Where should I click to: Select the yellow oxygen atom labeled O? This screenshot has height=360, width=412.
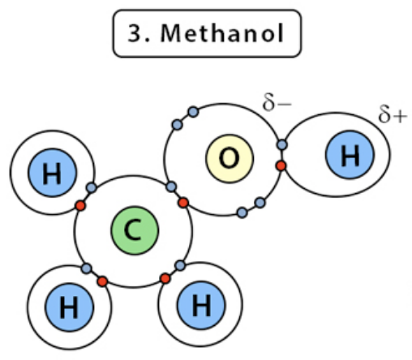pos(230,158)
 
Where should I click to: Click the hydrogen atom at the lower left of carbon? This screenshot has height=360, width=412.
pos(69,308)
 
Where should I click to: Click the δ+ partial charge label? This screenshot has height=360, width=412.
pos(393,116)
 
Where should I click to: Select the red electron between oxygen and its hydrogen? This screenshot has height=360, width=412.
pos(281,165)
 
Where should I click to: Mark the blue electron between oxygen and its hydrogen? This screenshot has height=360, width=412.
pos(282,145)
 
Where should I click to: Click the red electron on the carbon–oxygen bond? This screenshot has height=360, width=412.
pos(183,202)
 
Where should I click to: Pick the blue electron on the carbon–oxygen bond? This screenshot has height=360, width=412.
pos(171,187)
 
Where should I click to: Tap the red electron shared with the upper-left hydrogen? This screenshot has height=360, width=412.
pos(79,206)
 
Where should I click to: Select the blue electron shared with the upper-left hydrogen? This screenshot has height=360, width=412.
pos(92,188)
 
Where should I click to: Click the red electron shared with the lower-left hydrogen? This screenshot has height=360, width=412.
pos(102,281)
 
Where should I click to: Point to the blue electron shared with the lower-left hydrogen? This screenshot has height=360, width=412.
pos(87,268)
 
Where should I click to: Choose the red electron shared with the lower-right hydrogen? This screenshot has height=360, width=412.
pos(165,279)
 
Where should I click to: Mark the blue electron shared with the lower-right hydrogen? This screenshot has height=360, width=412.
pos(179,265)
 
